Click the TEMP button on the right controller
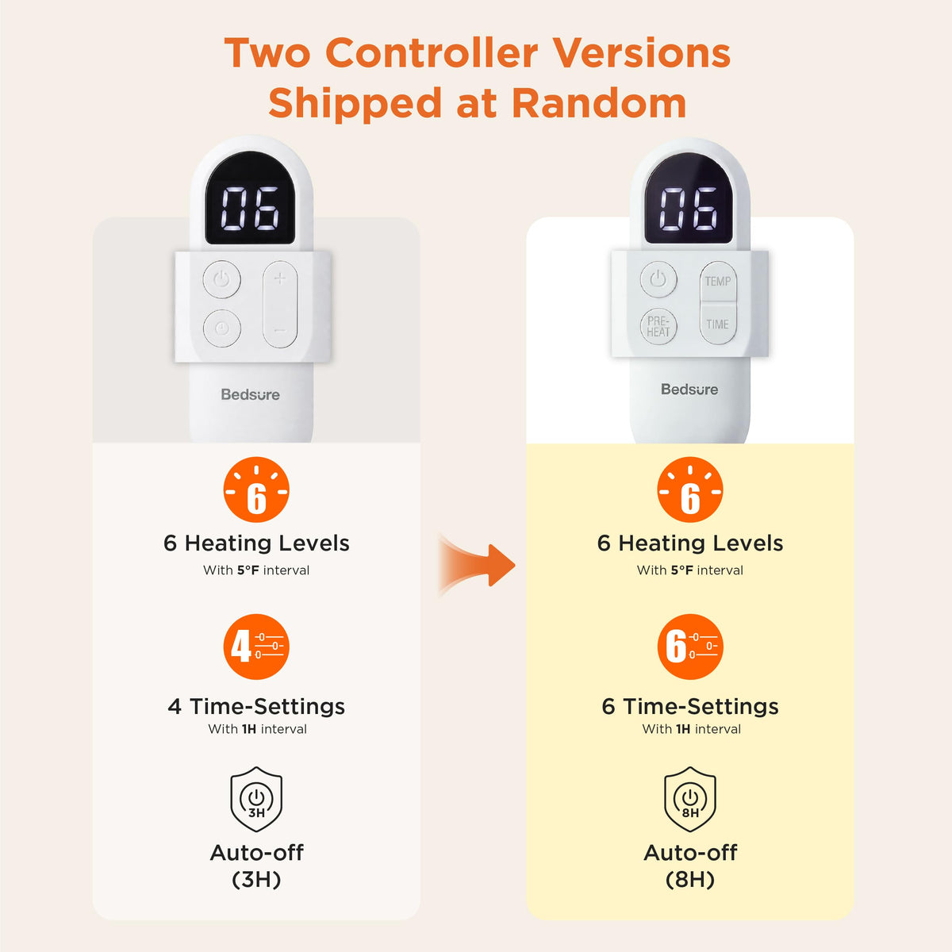pyautogui.click(x=718, y=281)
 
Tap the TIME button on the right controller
pyautogui.click(x=718, y=324)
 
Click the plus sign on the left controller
pyautogui.click(x=280, y=278)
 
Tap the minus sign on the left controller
pyautogui.click(x=280, y=331)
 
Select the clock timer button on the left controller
pyautogui.click(x=222, y=328)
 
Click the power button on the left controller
pyautogui.click(x=222, y=279)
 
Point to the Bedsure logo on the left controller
pyautogui.click(x=251, y=394)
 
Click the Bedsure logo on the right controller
pyautogui.click(x=689, y=390)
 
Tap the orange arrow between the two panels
pyautogui.click(x=478, y=566)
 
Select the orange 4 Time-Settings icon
pyautogui.click(x=256, y=647)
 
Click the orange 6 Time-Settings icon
pyautogui.click(x=690, y=647)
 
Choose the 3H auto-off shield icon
pyautogui.click(x=256, y=799)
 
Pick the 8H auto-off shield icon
pyautogui.click(x=690, y=799)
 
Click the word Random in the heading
pyautogui.click(x=599, y=103)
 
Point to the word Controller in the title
pyautogui.click(x=432, y=52)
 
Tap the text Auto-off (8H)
pyautogui.click(x=690, y=866)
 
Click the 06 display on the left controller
pyautogui.click(x=250, y=209)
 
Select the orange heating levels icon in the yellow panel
pyautogui.click(x=690, y=489)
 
